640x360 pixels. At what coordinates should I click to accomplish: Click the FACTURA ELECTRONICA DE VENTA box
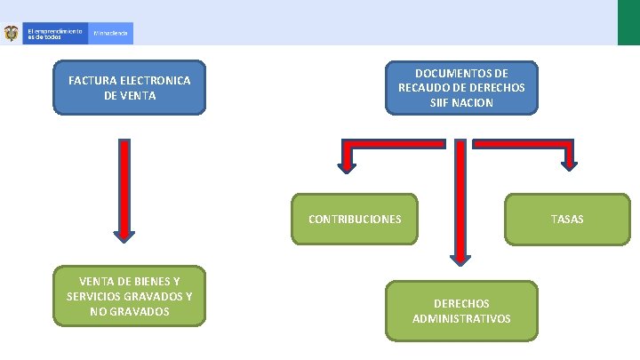click(130, 87)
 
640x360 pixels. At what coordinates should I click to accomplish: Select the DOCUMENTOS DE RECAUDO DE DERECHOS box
click(461, 87)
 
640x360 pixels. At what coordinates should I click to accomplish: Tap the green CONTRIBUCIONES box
click(355, 219)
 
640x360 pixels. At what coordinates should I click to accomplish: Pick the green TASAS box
click(567, 219)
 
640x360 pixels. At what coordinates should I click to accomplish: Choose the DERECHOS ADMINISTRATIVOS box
click(461, 310)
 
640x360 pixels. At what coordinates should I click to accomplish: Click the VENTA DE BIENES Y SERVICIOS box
click(130, 296)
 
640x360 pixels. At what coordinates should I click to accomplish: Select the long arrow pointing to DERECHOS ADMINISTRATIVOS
click(460, 204)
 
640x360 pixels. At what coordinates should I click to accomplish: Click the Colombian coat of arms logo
click(12, 34)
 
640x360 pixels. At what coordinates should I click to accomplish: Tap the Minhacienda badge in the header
click(112, 34)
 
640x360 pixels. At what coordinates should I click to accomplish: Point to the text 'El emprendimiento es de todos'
click(54, 34)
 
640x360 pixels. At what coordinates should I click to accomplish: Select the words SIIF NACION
click(461, 103)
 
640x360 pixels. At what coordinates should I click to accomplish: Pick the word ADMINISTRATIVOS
click(461, 318)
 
